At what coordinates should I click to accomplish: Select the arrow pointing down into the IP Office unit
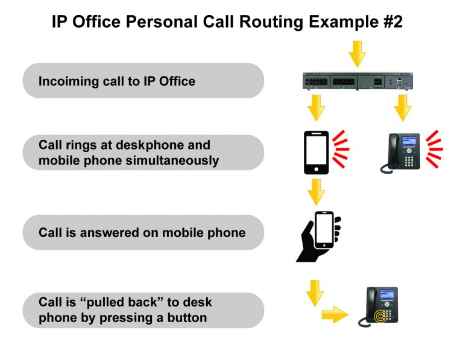(x=357, y=54)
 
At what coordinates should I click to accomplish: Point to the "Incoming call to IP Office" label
(x=117, y=81)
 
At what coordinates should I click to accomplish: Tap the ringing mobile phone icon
(x=316, y=152)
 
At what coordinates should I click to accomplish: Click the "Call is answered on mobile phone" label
(x=142, y=232)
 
